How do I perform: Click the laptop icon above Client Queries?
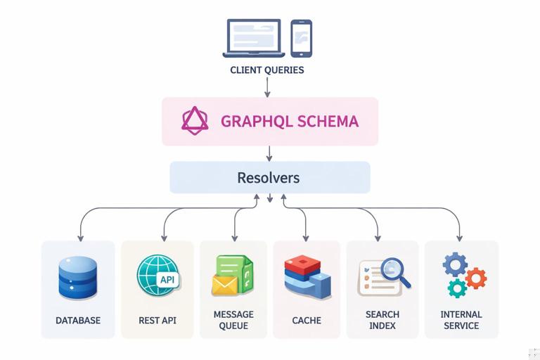254,38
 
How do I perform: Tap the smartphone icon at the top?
301,38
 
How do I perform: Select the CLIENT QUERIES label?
267,70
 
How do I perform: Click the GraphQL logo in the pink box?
195,121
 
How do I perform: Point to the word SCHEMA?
328,121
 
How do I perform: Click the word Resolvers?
269,177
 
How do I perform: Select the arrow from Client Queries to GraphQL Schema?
268,87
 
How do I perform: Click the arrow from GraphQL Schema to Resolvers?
269,153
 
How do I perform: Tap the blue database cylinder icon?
77,278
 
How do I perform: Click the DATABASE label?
78,321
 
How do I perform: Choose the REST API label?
157,321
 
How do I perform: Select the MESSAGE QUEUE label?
233,320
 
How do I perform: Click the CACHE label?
307,321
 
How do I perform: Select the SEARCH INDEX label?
382,320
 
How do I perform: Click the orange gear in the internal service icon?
476,278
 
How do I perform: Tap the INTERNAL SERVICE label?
461,320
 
